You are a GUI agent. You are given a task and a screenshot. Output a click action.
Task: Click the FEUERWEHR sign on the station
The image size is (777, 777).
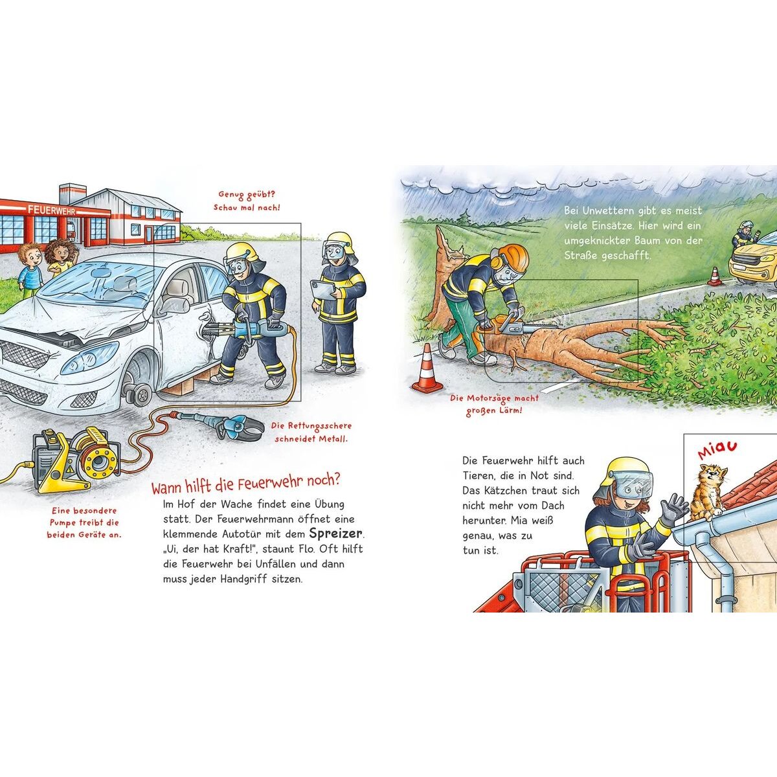[x=51, y=210]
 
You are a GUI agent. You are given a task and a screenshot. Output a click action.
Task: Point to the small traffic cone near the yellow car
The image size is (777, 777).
[x=715, y=276]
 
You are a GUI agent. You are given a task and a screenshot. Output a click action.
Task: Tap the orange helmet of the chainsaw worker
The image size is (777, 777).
[x=512, y=257]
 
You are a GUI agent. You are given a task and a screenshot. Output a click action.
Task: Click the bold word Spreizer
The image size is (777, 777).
[x=336, y=534]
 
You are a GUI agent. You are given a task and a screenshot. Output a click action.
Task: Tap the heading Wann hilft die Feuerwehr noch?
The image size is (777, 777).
[x=245, y=484]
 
